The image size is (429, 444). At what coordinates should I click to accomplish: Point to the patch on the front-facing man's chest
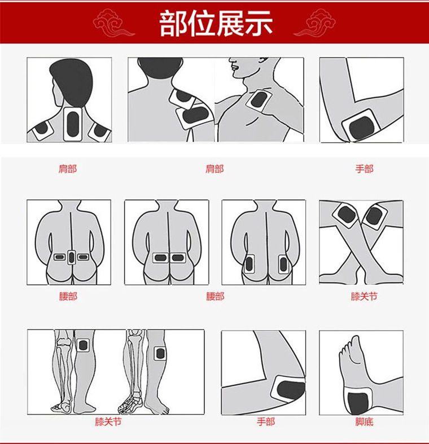(x=259, y=101)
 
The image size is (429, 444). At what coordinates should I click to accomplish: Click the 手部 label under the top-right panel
(x=364, y=168)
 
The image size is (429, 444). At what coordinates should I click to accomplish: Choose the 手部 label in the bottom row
(x=265, y=421)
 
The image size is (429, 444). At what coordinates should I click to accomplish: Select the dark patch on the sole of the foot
(x=357, y=402)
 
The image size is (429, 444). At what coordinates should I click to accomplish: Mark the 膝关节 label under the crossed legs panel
(x=364, y=296)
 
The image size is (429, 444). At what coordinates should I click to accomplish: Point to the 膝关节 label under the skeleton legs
(x=108, y=421)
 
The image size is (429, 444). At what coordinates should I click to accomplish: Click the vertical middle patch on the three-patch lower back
(x=71, y=258)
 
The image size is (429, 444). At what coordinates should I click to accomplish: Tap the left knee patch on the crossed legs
(x=345, y=215)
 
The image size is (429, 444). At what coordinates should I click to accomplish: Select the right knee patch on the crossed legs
(x=373, y=216)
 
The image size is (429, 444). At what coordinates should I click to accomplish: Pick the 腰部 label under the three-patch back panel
(x=68, y=296)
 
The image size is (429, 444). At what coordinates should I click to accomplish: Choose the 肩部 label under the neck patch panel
(x=68, y=168)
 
